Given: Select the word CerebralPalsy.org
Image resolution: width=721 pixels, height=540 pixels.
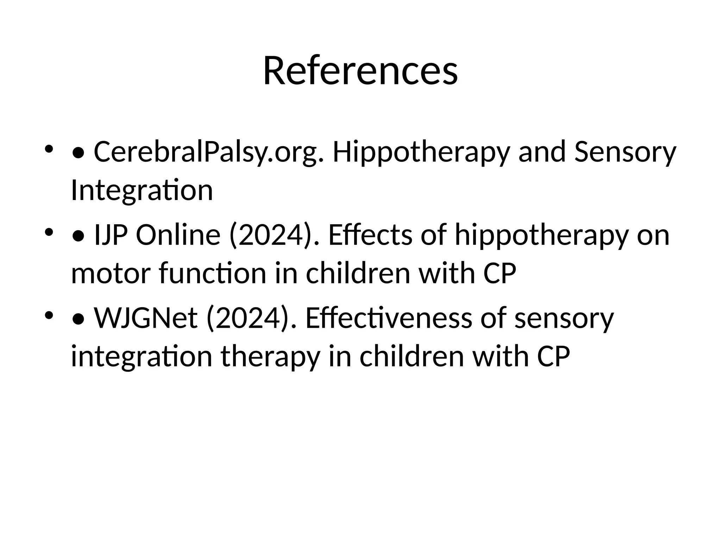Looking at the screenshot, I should [208, 152].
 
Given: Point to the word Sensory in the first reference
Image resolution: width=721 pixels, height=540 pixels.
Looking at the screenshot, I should [625, 152].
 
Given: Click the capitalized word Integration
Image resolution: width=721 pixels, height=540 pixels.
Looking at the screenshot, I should [142, 190].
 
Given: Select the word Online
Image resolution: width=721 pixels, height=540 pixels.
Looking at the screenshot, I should [178, 235].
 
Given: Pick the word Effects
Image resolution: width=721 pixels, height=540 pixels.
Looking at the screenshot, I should [370, 235].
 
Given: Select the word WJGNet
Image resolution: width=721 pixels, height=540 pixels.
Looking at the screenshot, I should [145, 318].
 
